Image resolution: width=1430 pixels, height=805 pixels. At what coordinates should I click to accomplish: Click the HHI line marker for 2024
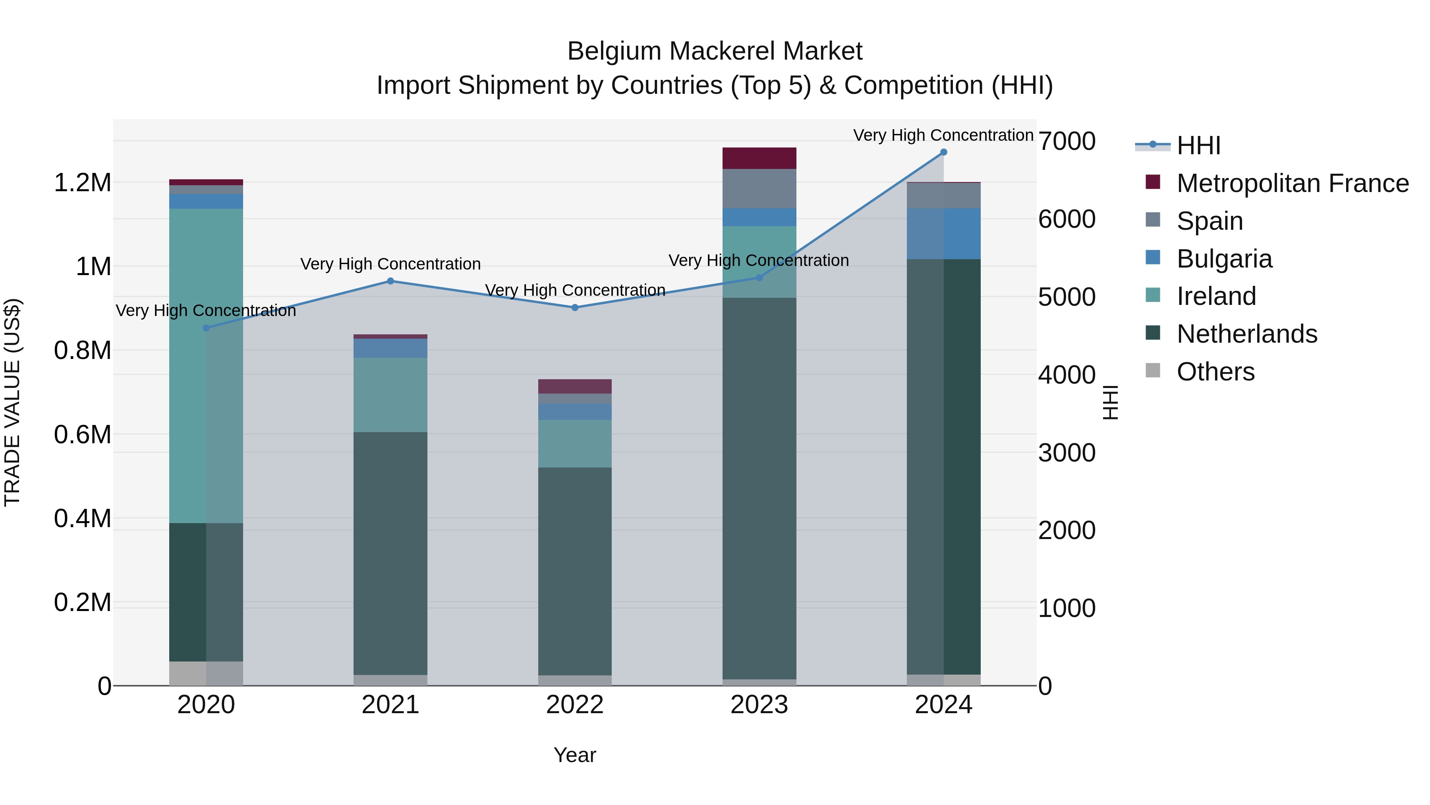[x=943, y=152]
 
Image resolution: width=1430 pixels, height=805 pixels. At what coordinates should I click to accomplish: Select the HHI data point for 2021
[x=390, y=281]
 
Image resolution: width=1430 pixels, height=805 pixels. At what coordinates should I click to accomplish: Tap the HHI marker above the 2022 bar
[x=574, y=307]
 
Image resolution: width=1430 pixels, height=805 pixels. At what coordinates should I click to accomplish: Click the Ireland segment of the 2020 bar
[x=206, y=367]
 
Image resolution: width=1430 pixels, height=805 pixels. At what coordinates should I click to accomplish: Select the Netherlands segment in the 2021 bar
[x=390, y=553]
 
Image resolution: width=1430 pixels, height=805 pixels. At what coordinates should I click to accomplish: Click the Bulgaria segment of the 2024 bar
[x=943, y=234]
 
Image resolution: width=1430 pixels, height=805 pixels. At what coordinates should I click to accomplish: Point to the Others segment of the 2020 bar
[x=206, y=673]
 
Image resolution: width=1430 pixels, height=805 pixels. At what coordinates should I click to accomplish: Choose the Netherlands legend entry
[x=1246, y=334]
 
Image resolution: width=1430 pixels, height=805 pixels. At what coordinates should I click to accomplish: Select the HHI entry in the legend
[x=1198, y=145]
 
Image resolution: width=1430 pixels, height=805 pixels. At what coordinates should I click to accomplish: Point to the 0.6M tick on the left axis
[x=82, y=435]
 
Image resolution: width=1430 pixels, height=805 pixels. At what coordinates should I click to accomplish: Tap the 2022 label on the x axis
[x=574, y=705]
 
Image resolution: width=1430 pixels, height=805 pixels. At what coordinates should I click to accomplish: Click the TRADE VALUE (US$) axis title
[x=12, y=402]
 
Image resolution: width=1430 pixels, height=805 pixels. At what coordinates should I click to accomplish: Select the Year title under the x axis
[x=574, y=755]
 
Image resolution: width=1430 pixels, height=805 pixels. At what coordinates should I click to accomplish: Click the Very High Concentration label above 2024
[x=943, y=135]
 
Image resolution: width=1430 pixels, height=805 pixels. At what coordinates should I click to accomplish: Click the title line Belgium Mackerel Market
[x=715, y=51]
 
